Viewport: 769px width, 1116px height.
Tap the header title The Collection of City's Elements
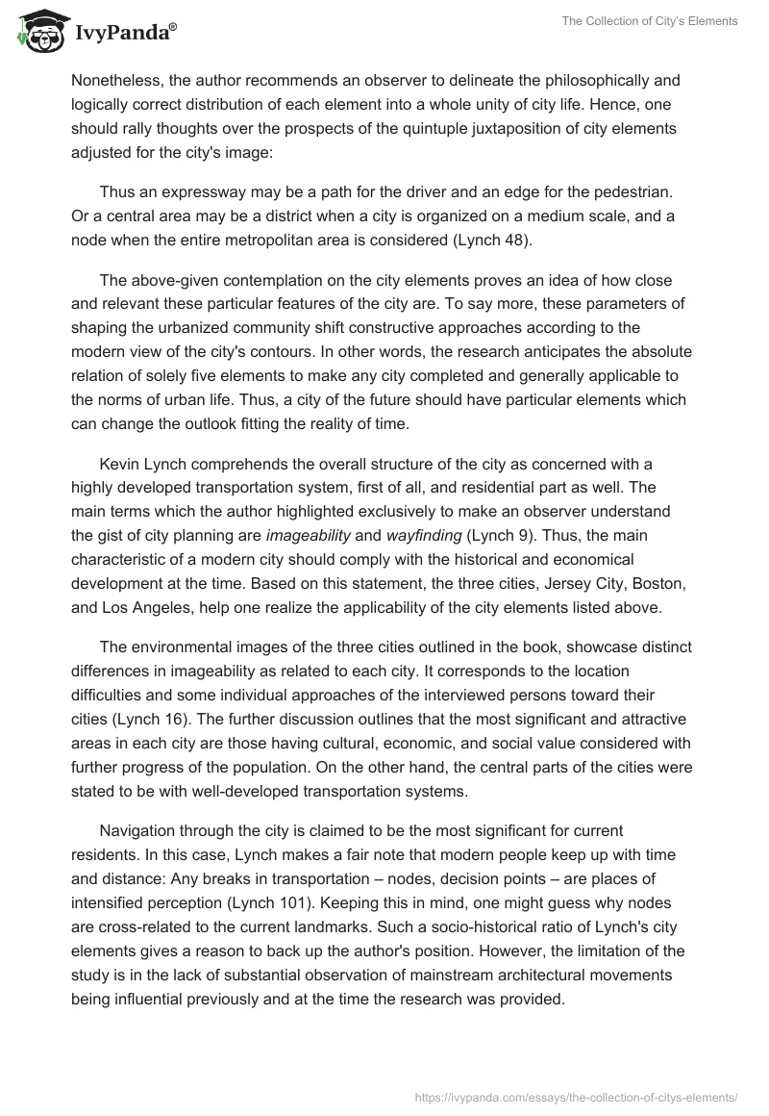click(651, 21)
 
